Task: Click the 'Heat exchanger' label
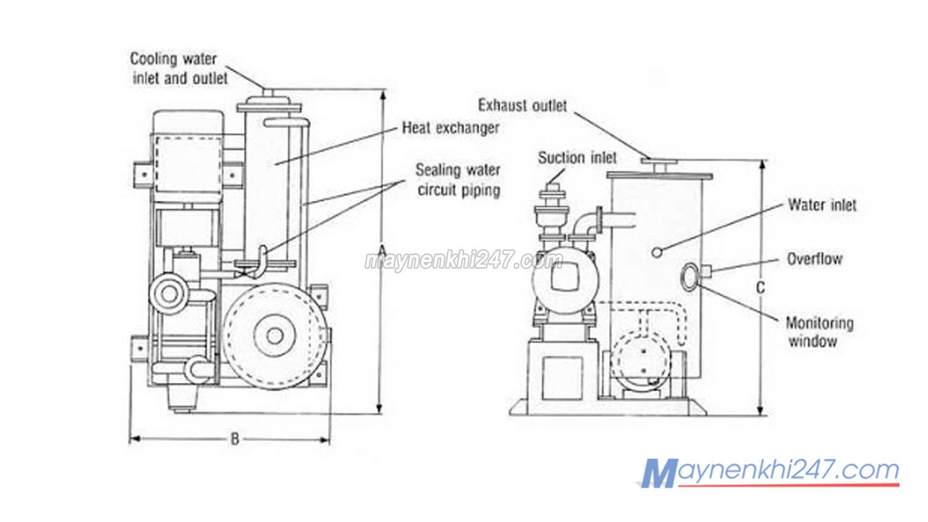[450, 128]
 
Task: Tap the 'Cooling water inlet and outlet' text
[179, 68]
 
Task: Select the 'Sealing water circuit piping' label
[458, 180]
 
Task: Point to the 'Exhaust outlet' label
[522, 106]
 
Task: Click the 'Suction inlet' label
[577, 158]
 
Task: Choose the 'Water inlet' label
[821, 205]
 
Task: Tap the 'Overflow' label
[814, 259]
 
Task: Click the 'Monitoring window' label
[819, 332]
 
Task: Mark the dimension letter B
[234, 439]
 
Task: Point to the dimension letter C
[761, 288]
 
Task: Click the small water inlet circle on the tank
[657, 252]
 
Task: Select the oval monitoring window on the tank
[691, 276]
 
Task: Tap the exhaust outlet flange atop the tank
[658, 163]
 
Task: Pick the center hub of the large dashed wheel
[275, 335]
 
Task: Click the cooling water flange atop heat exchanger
[270, 106]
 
